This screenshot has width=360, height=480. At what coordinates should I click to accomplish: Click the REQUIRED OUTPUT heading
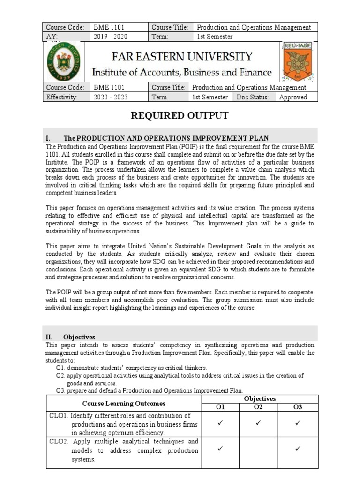(x=180, y=116)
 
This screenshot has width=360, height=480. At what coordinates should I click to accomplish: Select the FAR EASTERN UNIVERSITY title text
(x=182, y=57)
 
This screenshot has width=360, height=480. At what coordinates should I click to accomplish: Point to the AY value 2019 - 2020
(x=111, y=37)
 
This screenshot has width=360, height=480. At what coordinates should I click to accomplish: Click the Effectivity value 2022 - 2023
(x=111, y=97)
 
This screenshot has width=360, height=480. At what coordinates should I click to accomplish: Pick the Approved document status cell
(x=293, y=97)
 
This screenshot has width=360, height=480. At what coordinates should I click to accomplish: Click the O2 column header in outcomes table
(x=258, y=407)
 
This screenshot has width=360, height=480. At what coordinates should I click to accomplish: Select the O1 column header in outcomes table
(x=220, y=407)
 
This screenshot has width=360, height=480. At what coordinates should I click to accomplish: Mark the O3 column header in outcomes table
(x=298, y=407)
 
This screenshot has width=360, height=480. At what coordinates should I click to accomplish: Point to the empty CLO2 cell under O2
(x=258, y=450)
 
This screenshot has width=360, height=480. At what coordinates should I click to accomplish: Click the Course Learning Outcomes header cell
(x=124, y=403)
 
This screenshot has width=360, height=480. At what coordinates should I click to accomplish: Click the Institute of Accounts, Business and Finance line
(x=182, y=72)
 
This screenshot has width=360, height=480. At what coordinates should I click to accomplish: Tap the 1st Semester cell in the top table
(x=215, y=37)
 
